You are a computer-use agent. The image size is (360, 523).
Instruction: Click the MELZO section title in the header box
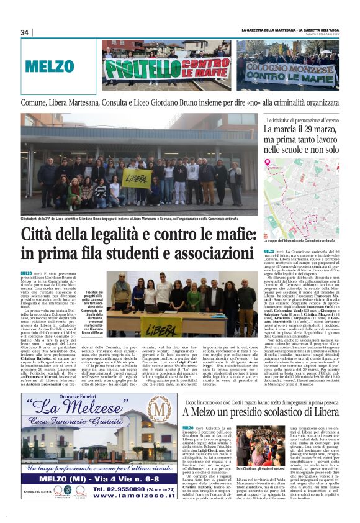50,65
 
